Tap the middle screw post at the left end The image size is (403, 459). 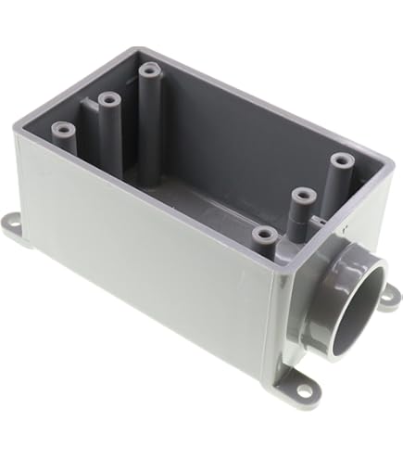109,97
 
